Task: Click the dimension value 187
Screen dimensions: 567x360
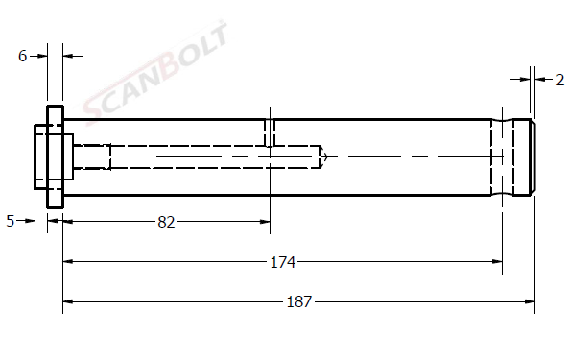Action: coord(298,301)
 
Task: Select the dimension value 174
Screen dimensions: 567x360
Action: coord(283,262)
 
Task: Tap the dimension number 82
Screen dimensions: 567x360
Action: coord(166,222)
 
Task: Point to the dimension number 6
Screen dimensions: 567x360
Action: coord(22,56)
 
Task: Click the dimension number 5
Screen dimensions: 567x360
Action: coord(11,221)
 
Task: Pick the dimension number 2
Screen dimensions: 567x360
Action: coord(559,80)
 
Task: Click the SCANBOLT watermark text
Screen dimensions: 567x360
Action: coord(155,72)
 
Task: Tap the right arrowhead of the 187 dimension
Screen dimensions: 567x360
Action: coord(530,301)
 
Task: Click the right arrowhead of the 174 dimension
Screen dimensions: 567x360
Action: coord(497,261)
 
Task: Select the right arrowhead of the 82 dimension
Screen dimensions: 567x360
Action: coord(265,222)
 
